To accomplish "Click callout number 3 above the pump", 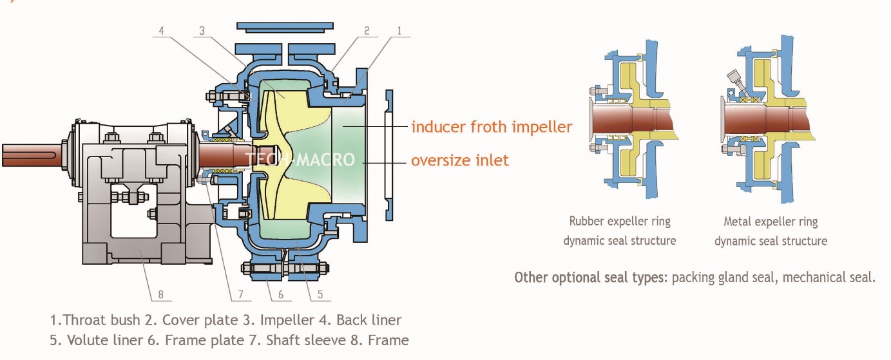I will point(202,30).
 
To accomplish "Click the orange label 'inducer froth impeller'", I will point(492,127).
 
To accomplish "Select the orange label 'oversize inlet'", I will point(460,160).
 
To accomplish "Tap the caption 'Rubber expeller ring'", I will point(620,222).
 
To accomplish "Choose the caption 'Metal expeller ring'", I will point(771,222).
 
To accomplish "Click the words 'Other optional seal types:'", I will point(591,278).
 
